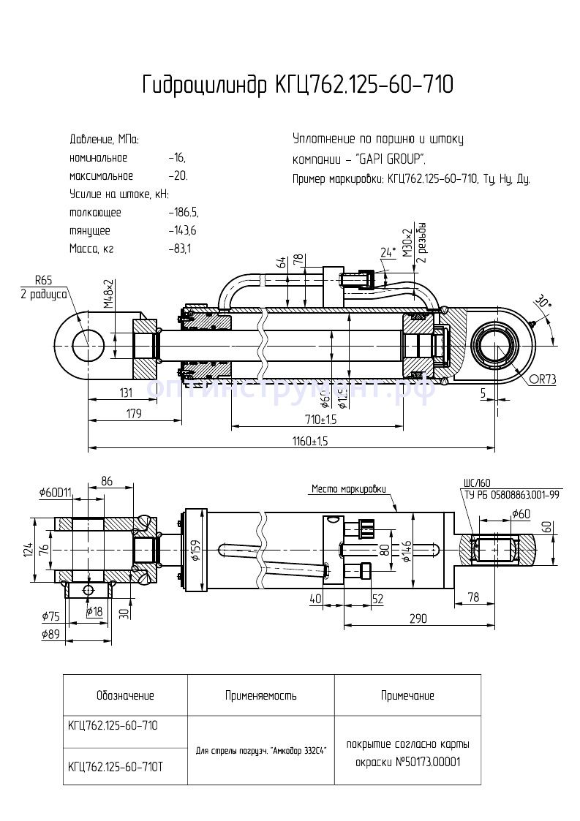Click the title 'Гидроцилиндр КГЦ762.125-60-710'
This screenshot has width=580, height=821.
(x=298, y=86)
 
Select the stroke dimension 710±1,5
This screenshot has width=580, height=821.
(x=321, y=419)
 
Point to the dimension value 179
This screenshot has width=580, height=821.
(x=132, y=415)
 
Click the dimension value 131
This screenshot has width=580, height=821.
(x=126, y=393)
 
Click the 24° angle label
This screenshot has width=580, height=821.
(x=388, y=252)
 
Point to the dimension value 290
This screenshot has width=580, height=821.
(x=417, y=618)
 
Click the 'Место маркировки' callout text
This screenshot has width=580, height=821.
(x=348, y=489)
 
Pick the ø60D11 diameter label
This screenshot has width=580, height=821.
(x=55, y=492)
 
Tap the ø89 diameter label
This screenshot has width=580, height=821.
(x=50, y=635)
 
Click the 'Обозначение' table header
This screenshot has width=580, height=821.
(x=125, y=695)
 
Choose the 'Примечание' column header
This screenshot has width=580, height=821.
(x=407, y=695)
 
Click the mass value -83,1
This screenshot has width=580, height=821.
(x=179, y=249)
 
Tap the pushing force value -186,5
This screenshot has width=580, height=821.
(x=183, y=212)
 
